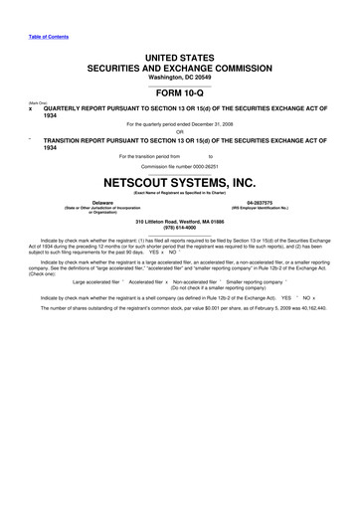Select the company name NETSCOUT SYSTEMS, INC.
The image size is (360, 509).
pos(179,183)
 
